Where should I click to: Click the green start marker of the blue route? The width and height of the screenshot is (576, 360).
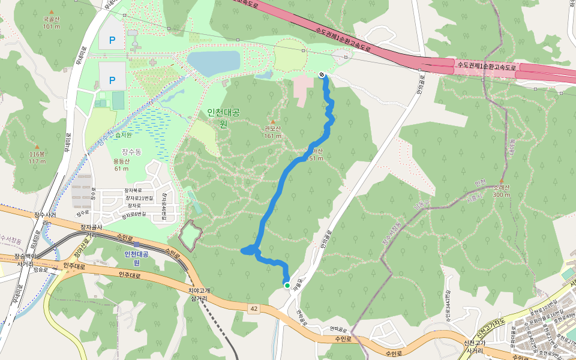287,286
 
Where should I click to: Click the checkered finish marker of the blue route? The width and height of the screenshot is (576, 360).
322,74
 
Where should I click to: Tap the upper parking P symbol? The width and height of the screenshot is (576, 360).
112,40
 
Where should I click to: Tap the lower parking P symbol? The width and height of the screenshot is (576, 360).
112,80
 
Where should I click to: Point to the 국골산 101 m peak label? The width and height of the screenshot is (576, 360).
52,23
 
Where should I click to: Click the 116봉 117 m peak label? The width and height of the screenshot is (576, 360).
37,158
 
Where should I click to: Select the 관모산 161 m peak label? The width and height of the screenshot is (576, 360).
273,132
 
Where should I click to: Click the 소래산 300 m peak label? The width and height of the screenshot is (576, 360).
502,191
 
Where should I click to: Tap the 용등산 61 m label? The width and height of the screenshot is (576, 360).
121,164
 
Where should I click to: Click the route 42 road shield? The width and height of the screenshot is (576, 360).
254,308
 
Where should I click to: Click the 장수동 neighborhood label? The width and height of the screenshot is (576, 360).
131,152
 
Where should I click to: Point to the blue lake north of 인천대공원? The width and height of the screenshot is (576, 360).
214,62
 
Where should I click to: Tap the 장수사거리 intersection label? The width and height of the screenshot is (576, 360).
45,218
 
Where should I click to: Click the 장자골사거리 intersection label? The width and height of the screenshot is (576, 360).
91,231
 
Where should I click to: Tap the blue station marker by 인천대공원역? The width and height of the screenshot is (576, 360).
137,244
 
